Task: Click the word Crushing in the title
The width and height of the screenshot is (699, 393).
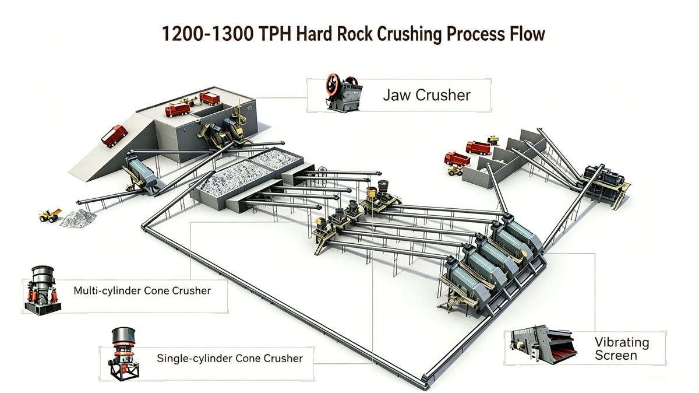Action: coord(409,34)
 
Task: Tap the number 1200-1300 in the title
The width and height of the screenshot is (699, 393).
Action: coord(207,34)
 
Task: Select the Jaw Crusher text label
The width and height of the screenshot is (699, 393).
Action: coord(426,95)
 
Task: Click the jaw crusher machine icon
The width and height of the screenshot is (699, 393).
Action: coord(344,93)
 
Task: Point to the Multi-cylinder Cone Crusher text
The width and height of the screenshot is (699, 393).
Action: coord(142,290)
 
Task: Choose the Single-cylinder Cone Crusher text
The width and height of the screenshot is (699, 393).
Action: coord(230,358)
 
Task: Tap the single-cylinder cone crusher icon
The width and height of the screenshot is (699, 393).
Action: coord(123,353)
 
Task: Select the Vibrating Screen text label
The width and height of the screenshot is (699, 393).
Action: coord(622,349)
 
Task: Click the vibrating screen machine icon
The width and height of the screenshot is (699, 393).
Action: coord(543,345)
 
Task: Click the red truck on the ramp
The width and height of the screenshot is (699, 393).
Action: coord(114,136)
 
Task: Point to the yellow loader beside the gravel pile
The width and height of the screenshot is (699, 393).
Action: coord(50,215)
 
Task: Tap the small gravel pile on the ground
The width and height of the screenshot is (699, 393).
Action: coord(78,218)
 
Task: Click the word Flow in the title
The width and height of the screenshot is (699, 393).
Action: coord(527,34)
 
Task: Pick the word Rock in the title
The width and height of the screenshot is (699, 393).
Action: coord(355,34)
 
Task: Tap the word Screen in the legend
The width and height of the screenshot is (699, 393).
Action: coord(616,356)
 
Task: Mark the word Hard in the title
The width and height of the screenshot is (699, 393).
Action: coord(314,34)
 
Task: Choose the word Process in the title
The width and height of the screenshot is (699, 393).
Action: coord(475,34)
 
